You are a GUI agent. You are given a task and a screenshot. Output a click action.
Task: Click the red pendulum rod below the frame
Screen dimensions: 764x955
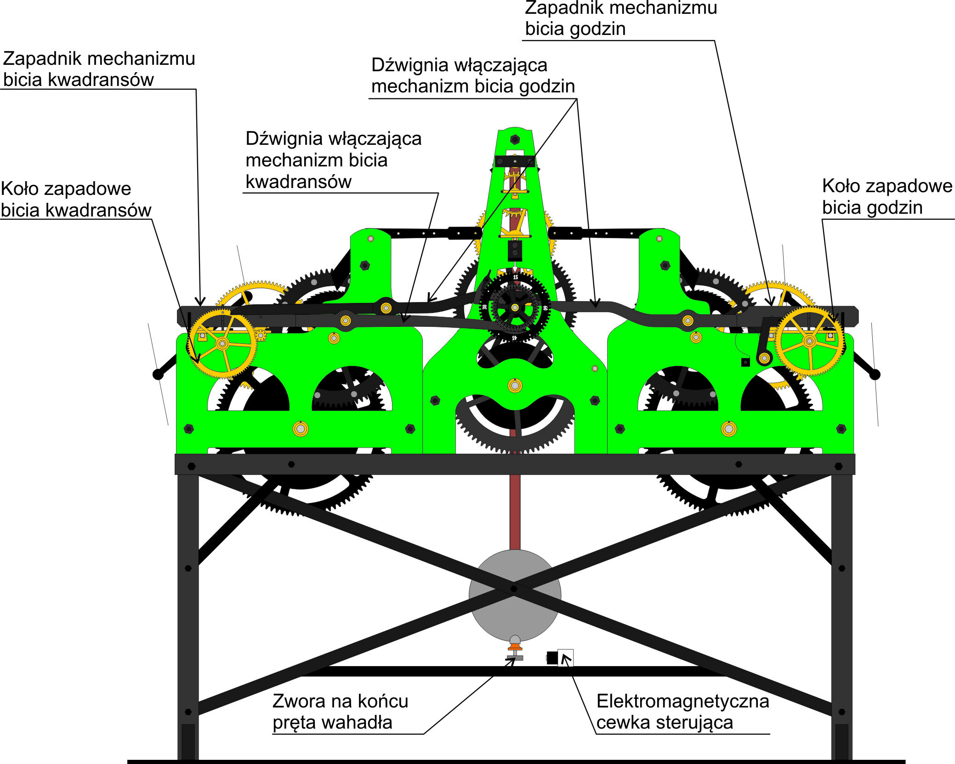pos(515,510)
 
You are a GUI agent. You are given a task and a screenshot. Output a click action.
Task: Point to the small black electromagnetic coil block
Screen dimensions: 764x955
pos(552,658)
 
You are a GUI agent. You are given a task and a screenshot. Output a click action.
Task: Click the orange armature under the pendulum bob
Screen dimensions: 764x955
pos(515,647)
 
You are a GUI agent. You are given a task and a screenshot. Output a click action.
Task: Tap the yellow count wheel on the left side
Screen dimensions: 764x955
pos(222,343)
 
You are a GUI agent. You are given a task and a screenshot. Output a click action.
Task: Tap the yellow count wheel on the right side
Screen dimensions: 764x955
pos(809,341)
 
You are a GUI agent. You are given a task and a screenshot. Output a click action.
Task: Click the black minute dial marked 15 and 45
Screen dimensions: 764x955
pos(515,308)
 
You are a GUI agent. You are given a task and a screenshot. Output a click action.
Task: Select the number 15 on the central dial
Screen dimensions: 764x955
pos(515,277)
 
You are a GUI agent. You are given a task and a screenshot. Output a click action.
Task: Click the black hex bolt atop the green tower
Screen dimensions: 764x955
pos(515,139)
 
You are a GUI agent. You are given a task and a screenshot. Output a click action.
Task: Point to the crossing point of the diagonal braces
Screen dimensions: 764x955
pos(514,588)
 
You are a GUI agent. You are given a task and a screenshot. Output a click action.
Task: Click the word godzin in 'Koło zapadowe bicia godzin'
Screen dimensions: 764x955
pos(895,208)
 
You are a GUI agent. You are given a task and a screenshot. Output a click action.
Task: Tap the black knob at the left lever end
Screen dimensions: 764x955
pos(158,374)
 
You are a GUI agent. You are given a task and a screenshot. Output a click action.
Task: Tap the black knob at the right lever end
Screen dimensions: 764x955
pos(875,374)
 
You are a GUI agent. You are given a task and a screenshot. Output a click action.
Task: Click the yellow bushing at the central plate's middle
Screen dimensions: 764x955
pos(515,386)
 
